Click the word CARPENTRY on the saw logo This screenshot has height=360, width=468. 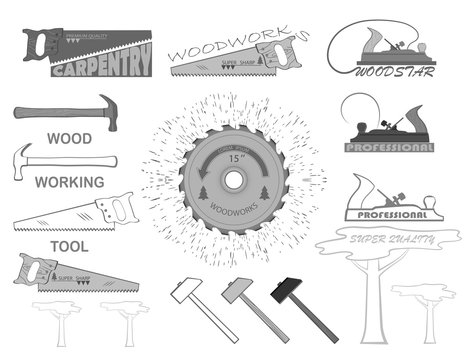100,70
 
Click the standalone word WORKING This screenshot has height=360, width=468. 69,182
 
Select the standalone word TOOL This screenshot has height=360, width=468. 69,244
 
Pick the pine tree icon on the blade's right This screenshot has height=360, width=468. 263,189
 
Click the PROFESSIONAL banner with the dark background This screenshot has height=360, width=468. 389,147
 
